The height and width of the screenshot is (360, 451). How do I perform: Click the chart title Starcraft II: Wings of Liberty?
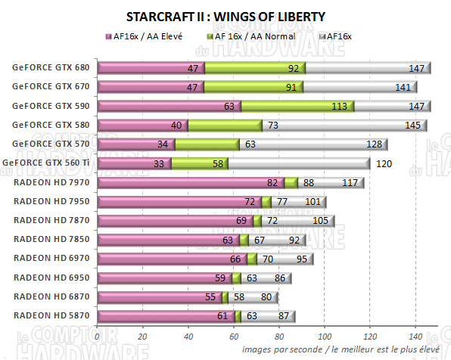pyautogui.click(x=225, y=16)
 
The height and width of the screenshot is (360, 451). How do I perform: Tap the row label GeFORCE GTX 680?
pyautogui.click(x=51, y=68)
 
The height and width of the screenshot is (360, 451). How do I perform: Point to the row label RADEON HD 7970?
pyautogui.click(x=51, y=182)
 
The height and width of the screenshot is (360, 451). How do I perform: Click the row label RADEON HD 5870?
pyautogui.click(x=51, y=315)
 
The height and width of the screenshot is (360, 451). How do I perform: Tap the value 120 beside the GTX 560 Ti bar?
pyautogui.click(x=384, y=163)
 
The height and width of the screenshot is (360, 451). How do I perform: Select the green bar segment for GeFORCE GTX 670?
pyautogui.click(x=253, y=87)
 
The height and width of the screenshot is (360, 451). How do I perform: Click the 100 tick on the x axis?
pyautogui.click(x=325, y=337)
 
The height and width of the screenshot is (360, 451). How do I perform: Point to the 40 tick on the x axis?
pyautogui.click(x=188, y=337)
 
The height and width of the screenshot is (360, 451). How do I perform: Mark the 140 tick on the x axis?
pyautogui.click(x=415, y=337)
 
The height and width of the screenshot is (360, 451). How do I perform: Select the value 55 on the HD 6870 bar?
pyautogui.click(x=211, y=296)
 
